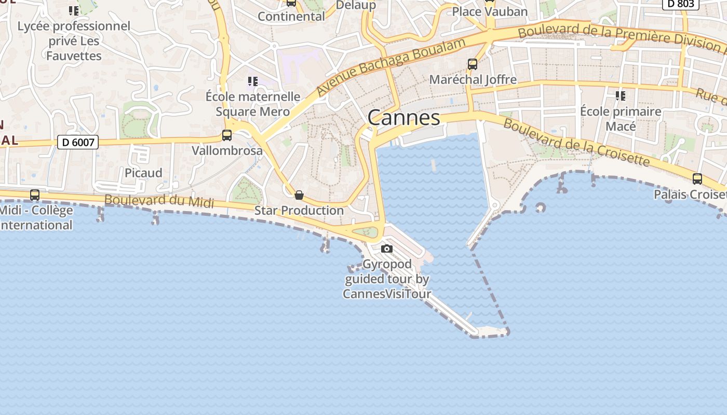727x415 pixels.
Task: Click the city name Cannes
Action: click(x=403, y=118)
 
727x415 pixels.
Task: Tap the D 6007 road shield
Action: click(x=77, y=142)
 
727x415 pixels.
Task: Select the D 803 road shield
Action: click(x=680, y=4)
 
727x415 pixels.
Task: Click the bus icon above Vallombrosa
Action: click(x=227, y=135)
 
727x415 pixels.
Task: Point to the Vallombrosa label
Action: click(x=227, y=151)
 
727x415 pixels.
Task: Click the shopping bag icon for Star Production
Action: click(x=299, y=195)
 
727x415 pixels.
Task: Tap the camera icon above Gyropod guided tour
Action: click(x=386, y=249)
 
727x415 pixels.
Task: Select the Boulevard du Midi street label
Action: click(x=159, y=201)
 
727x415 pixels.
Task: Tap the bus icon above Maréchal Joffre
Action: click(x=473, y=64)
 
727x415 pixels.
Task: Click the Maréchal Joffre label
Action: click(x=473, y=79)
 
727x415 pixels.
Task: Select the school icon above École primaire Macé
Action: click(x=620, y=96)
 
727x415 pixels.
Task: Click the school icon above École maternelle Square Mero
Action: click(x=253, y=81)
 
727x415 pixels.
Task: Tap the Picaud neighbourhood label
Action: click(x=143, y=173)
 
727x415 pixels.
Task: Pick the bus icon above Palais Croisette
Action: click(x=697, y=179)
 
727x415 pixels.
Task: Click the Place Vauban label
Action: click(x=490, y=11)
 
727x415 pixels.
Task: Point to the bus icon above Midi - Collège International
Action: click(x=35, y=195)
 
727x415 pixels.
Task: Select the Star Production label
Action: click(x=299, y=211)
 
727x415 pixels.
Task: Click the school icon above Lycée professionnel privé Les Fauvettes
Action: click(x=74, y=10)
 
